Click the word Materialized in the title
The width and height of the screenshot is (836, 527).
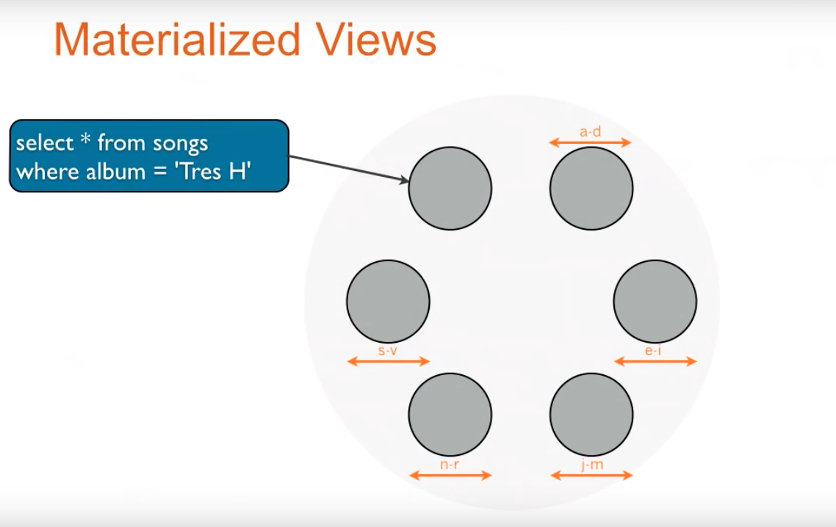(x=176, y=41)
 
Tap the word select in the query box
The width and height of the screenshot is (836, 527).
(x=45, y=142)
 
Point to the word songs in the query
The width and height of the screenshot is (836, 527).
(x=181, y=144)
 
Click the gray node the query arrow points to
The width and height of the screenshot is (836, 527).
(x=450, y=188)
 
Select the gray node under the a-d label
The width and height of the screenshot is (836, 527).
(x=591, y=188)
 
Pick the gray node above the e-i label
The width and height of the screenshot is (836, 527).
(x=655, y=301)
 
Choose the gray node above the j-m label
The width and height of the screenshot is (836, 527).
(x=591, y=414)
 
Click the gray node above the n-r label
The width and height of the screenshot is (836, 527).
(x=450, y=414)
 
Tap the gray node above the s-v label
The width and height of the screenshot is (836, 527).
(x=388, y=301)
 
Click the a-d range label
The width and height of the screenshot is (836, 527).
(x=591, y=132)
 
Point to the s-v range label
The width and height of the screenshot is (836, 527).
(x=388, y=351)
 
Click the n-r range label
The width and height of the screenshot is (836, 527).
(x=450, y=465)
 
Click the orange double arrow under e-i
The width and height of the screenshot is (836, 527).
(x=655, y=361)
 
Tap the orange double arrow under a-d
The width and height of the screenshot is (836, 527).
(x=591, y=142)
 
